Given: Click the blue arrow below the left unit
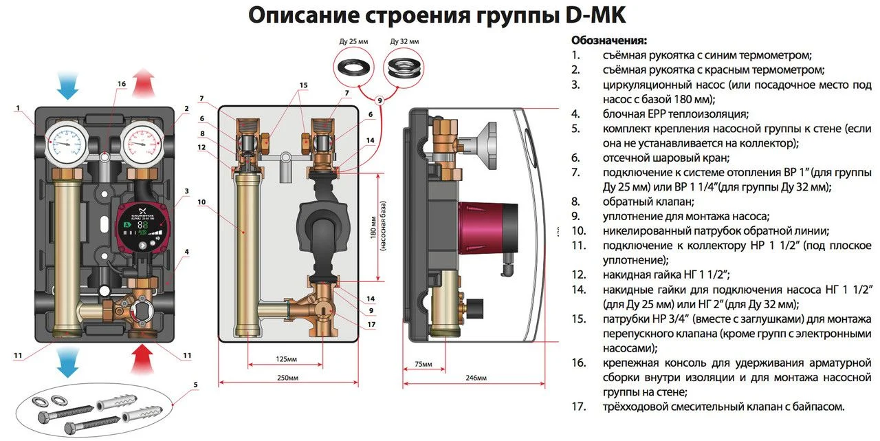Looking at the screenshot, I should point(67,362).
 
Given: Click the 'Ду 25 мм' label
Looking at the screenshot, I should point(353,42).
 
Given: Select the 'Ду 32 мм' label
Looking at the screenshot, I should point(404,42).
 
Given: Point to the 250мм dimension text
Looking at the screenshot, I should point(288,378).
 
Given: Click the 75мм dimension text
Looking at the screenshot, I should point(423,363).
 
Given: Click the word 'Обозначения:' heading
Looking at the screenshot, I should point(608,40).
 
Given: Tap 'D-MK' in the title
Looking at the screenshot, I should point(590,14).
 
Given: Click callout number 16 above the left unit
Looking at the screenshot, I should point(121,84).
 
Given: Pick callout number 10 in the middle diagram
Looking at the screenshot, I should point(201,202).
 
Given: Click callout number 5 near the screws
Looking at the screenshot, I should point(195,385).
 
